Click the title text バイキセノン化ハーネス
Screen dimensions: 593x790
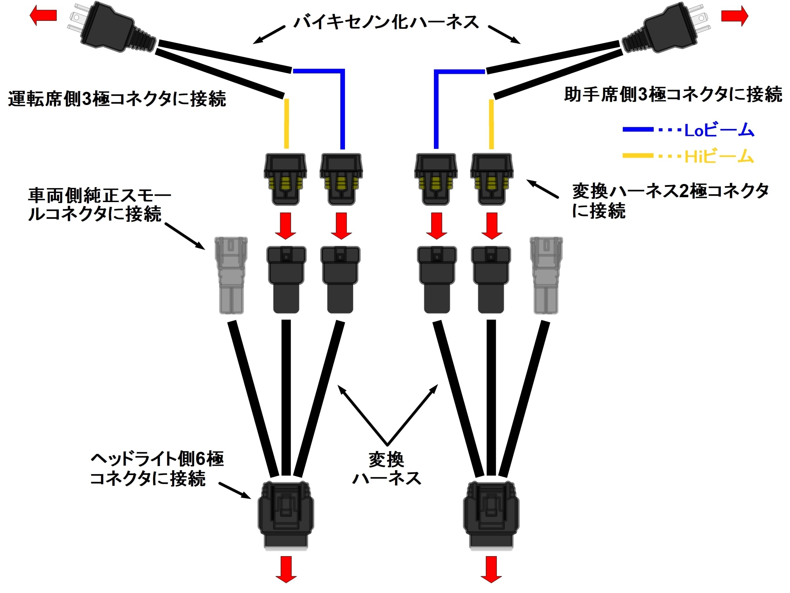coord(386,22)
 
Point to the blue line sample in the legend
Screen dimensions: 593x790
coord(638,130)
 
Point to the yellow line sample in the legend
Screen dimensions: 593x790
coord(638,156)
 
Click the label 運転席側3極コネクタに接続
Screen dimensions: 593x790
coord(117,99)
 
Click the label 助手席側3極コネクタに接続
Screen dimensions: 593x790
coord(673,95)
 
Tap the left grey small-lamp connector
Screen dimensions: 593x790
coord(231,275)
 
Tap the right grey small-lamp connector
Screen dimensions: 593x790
coord(546,275)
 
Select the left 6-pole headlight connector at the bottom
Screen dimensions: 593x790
coord(286,515)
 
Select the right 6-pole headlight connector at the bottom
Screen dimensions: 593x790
coord(491,515)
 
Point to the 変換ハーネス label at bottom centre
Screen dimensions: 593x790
coord(387,469)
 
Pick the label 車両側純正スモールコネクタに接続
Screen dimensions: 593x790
coord(99,205)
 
